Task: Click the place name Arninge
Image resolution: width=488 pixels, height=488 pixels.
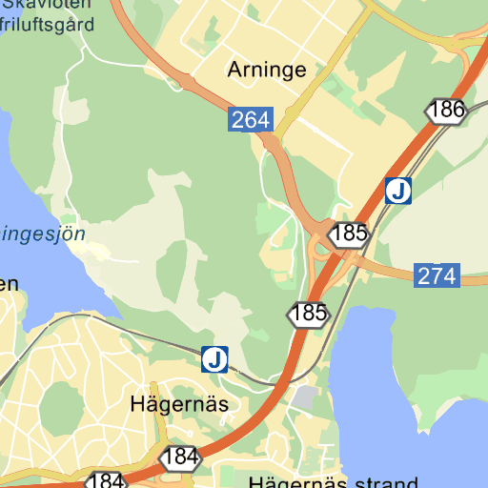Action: click(x=267, y=70)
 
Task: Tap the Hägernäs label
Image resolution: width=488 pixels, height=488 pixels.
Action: click(x=179, y=404)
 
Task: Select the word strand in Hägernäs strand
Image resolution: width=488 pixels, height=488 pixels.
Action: click(x=380, y=482)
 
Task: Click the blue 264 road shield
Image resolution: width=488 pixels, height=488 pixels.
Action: click(x=251, y=120)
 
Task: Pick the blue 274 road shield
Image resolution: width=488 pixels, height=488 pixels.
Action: click(x=437, y=276)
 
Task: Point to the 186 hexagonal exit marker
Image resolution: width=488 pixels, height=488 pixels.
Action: click(x=446, y=111)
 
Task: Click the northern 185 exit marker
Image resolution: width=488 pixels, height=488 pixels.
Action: click(x=350, y=233)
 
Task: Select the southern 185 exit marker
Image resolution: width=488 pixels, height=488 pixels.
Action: click(x=310, y=313)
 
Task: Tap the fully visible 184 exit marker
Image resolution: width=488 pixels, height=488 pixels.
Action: click(x=180, y=457)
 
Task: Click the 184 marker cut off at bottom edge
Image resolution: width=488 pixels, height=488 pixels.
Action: click(x=106, y=480)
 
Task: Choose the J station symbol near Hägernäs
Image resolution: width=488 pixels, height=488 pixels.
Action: click(x=215, y=359)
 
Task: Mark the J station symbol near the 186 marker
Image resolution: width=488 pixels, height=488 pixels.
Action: click(x=398, y=192)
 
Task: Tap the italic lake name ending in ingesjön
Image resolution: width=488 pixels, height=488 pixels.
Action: click(x=43, y=233)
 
